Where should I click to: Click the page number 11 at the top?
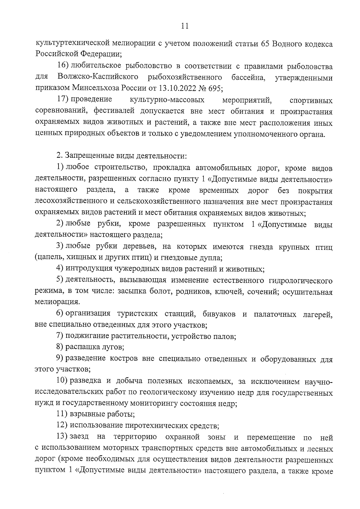pos(184,26)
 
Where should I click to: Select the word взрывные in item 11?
pos(86,415)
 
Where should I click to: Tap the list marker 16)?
pos(63,66)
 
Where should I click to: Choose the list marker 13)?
pos(63,437)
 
